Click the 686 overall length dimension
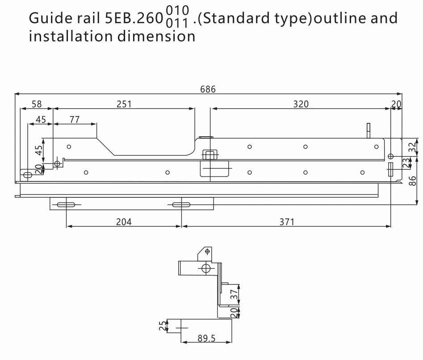[x=208, y=89]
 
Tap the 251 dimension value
[x=124, y=104]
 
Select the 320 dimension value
[x=301, y=104]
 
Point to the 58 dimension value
[x=37, y=104]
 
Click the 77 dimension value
[x=75, y=119]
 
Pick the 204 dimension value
[x=124, y=222]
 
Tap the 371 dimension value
[x=287, y=222]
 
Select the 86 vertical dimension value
[x=413, y=180]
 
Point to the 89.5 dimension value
[x=206, y=339]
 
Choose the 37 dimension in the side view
[x=234, y=294]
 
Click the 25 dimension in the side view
[x=163, y=327]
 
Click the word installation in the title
[x=70, y=36]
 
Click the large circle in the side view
[x=206, y=268]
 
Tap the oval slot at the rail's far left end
[x=28, y=175]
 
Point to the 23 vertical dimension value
[x=406, y=163]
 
